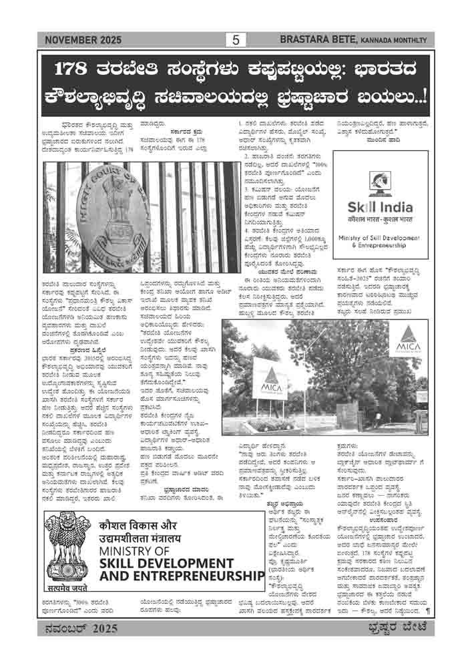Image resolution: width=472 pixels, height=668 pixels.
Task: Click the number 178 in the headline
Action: click(75, 69)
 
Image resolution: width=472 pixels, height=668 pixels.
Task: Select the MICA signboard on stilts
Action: click(265, 387)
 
